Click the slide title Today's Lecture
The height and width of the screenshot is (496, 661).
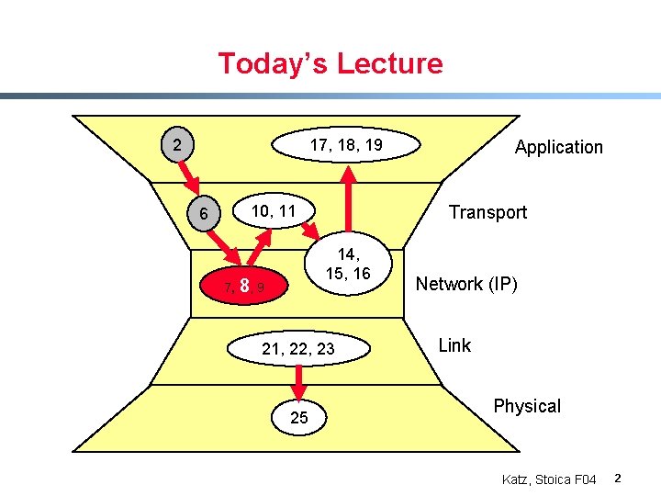point(330,64)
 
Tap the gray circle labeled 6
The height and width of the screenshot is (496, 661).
point(203,214)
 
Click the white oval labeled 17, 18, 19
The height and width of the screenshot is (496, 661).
point(345,145)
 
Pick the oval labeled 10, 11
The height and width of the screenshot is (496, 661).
point(274,212)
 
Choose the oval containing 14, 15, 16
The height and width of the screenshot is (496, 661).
point(353,264)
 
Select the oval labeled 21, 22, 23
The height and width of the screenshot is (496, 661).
point(298,349)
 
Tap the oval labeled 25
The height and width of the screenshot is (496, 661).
point(299,418)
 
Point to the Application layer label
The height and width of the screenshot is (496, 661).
point(558,147)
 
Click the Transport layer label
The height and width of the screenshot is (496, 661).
point(487,212)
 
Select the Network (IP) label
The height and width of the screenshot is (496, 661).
point(466,284)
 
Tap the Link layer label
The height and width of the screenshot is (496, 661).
point(454,345)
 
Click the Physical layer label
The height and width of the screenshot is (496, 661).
point(526,406)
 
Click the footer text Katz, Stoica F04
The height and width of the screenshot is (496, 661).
point(549,479)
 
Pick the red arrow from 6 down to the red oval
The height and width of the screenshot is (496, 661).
point(223,248)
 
